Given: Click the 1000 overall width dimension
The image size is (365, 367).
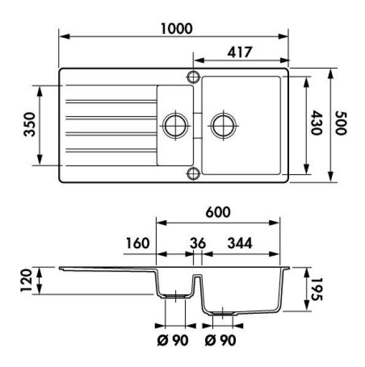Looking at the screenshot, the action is tap(177, 29).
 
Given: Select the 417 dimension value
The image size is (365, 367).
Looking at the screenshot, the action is tap(239, 52).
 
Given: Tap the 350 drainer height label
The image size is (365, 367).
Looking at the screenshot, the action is tap(30, 124).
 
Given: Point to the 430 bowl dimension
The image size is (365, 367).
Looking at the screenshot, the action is tap(316, 123).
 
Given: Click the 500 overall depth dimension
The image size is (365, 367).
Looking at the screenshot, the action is tap(341, 123).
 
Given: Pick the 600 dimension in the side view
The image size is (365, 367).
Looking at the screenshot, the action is tap(218, 212).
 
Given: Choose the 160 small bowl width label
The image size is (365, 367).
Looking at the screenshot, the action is tap(138, 243).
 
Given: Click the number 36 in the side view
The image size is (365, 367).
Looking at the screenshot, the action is tap(198, 243).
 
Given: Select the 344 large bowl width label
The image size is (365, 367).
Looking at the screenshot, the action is tap(240, 243).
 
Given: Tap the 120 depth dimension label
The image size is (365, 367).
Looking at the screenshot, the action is tap(26, 280).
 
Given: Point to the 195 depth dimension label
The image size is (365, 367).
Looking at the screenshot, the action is tap(317, 289).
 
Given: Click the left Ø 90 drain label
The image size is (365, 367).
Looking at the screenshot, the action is tap(173, 340).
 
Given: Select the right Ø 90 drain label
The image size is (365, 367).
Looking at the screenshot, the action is tap(220, 340).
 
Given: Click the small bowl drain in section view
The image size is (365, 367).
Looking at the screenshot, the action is tap(175, 297).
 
